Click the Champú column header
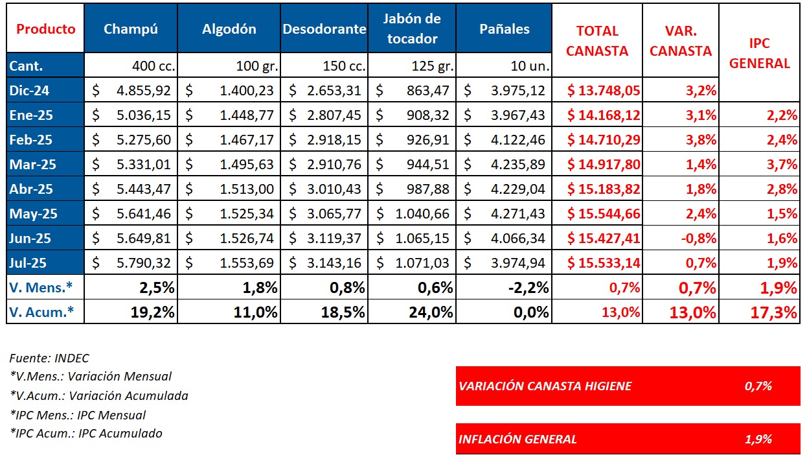click(131, 29)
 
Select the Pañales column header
click(504, 29)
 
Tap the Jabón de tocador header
click(412, 29)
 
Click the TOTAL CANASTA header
click(597, 40)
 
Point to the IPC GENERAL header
click(769, 53)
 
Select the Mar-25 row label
click(32, 165)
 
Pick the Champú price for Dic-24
click(144, 91)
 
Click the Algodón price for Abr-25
click(247, 189)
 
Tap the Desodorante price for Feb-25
click(334, 140)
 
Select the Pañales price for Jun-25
click(518, 239)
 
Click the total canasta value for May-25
click(604, 214)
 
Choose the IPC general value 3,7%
click(783, 165)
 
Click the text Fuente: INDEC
click(49, 358)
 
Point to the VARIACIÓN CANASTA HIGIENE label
click(545, 386)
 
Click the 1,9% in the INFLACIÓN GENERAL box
click(758, 439)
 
